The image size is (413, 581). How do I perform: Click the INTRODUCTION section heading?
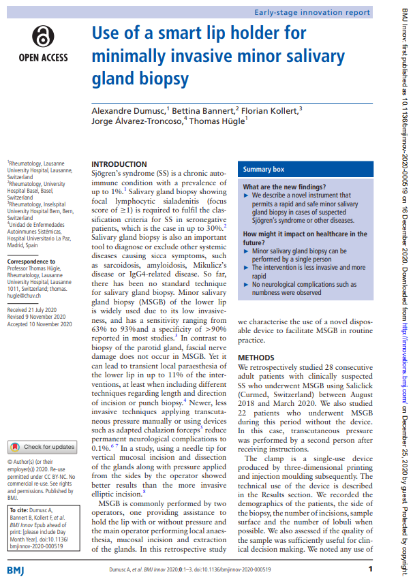pos(119,164)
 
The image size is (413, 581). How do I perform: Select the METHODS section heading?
pos(257,358)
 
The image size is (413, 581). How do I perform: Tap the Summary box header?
pos(264,169)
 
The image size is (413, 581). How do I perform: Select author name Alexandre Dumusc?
pos(129,110)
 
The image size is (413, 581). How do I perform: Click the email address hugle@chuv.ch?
pos(27,295)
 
